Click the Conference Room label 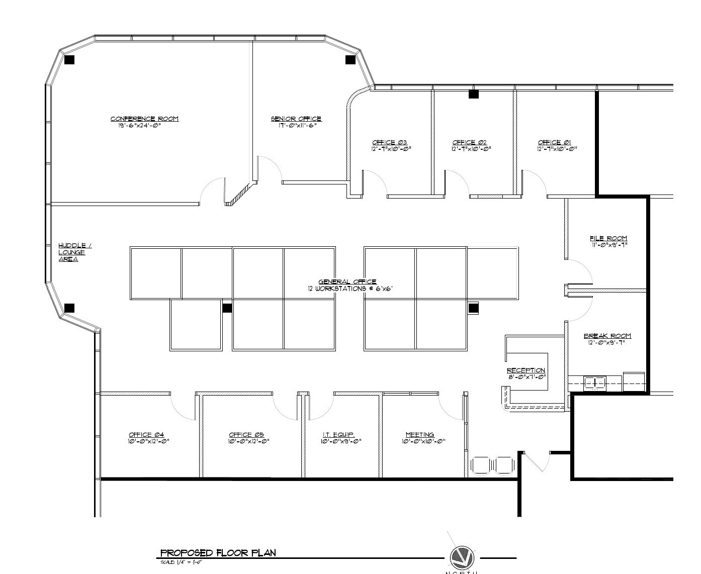pos(144,119)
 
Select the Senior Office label pos(296,119)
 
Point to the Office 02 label pos(469,142)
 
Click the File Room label pos(608,238)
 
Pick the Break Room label pos(607,336)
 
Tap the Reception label pos(525,370)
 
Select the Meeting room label pos(420,435)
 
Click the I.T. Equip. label pos(339,435)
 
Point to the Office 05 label pos(246,435)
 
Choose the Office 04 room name pos(146,435)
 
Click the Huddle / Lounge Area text pos(75,252)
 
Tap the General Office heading pos(347,282)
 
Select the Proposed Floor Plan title pos(218,553)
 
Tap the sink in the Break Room pos(595,384)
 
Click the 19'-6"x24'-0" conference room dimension pos(139,126)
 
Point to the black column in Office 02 pos(473,93)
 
